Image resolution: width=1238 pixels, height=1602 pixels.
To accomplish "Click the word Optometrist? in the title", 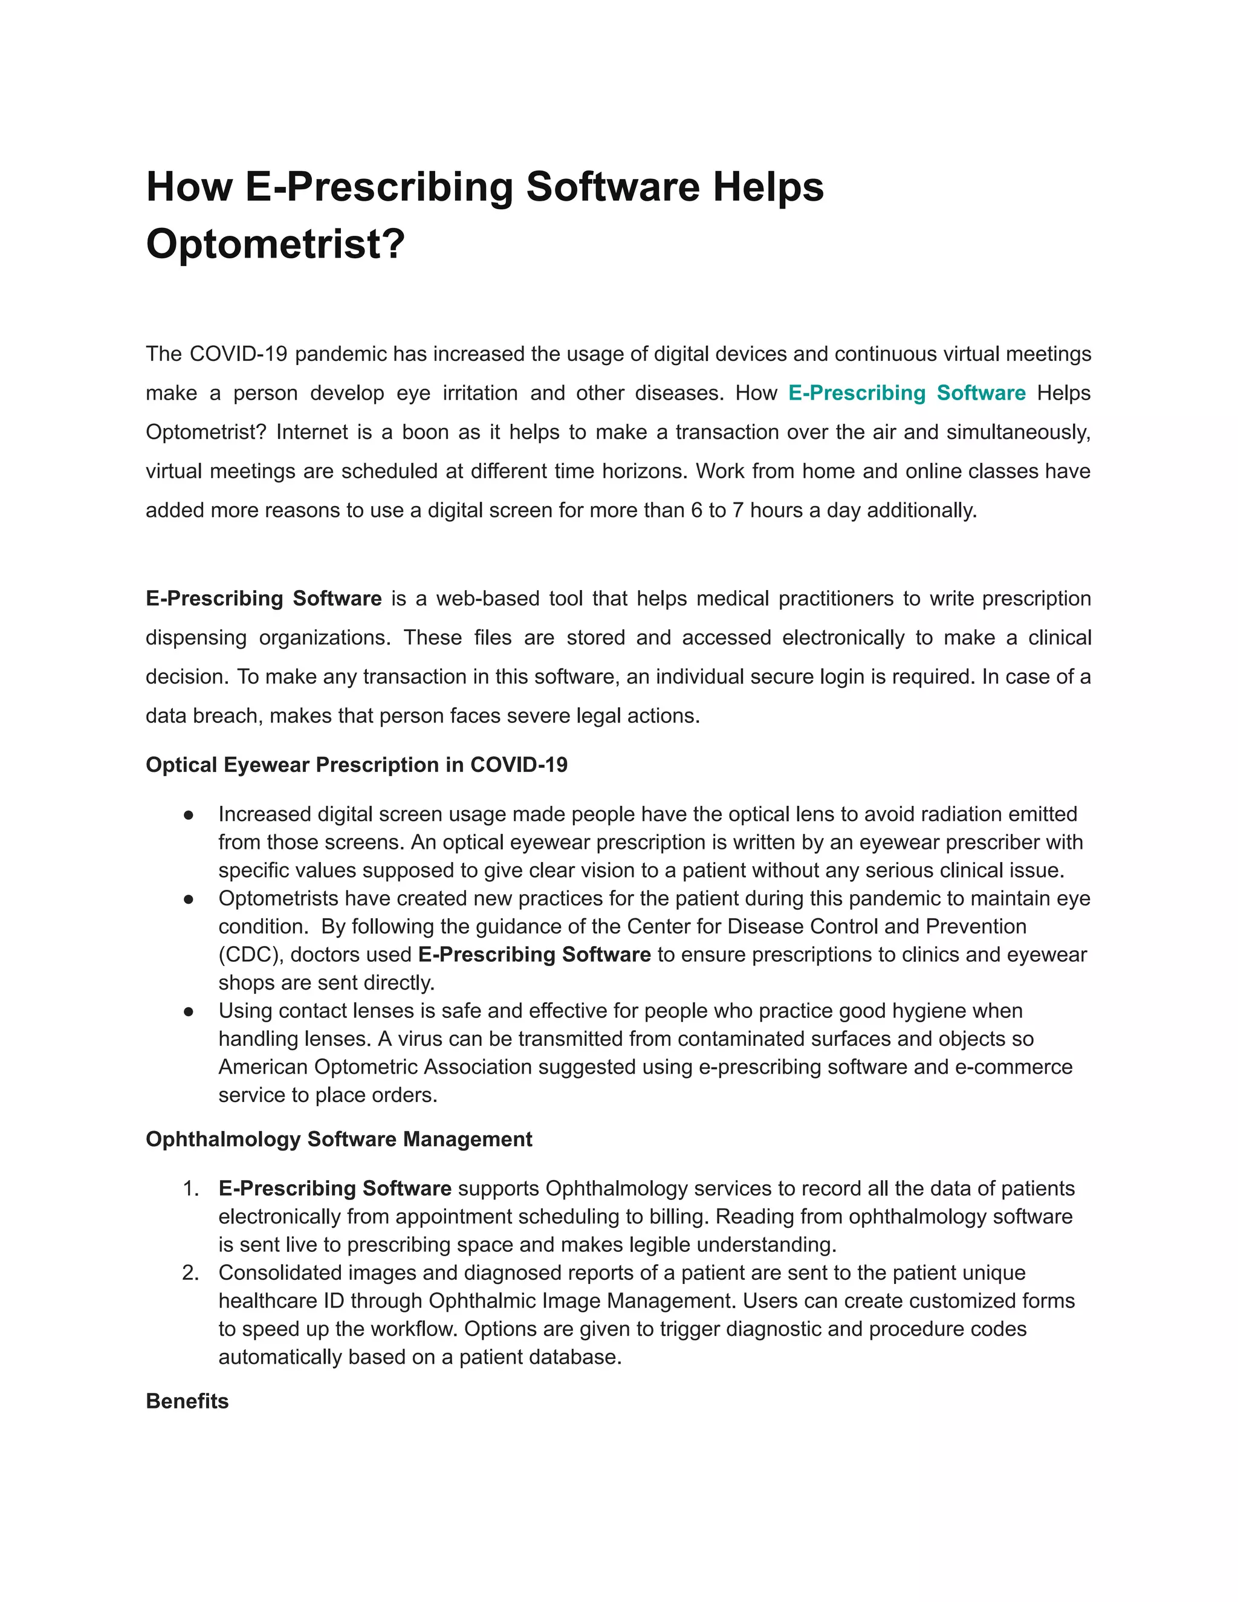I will (x=275, y=244).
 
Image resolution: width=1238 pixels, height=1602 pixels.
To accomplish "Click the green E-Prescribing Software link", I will (x=907, y=392).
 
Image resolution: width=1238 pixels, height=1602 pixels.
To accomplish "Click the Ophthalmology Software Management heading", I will (x=339, y=1138).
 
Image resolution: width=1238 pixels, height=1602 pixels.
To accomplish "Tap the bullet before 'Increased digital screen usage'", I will (x=189, y=814).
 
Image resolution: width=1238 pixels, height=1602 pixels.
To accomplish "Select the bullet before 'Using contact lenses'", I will (x=189, y=1011).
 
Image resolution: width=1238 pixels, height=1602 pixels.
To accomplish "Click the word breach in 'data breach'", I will (x=224, y=715).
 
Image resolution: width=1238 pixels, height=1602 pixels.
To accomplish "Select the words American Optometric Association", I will (x=375, y=1066).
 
